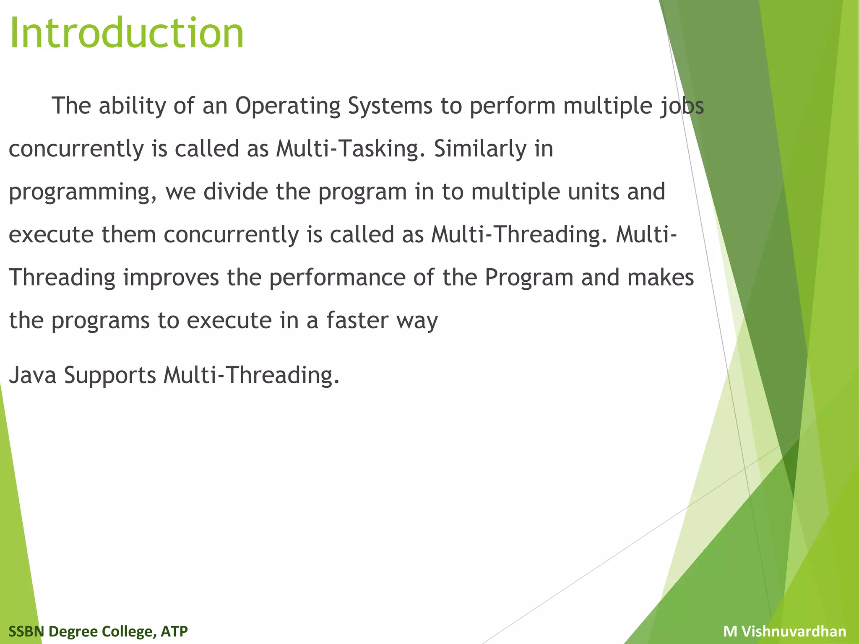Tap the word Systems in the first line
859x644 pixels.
coord(390,106)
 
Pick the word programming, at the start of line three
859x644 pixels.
coord(83,193)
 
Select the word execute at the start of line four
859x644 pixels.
coord(51,235)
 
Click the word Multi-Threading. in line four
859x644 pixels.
coord(519,235)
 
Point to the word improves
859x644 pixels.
coord(171,278)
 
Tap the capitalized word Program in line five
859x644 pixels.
coord(529,278)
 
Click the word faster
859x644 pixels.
coord(357,321)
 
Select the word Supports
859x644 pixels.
coord(110,376)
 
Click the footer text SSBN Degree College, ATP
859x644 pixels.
coord(98,631)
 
